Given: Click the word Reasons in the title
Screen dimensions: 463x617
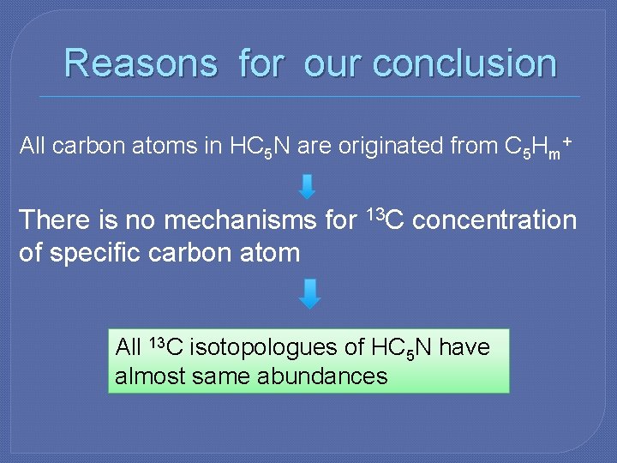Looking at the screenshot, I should tap(141, 63).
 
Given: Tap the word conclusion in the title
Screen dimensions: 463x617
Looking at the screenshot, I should tap(464, 63).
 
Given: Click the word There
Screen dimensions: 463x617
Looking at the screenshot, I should tap(55, 220).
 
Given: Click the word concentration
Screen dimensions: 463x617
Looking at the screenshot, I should tap(494, 220).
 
